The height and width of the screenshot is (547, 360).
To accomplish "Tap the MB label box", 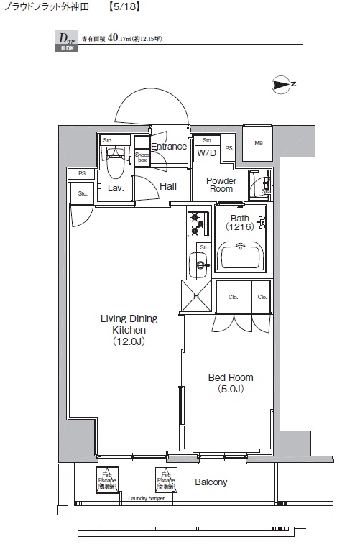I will [x=258, y=142].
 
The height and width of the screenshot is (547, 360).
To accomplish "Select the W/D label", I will [x=207, y=153].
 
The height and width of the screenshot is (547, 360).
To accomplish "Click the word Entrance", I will [x=169, y=147].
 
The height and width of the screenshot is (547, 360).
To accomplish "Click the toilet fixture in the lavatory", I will [x=114, y=163].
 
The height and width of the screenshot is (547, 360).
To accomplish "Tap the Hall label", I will [x=168, y=186].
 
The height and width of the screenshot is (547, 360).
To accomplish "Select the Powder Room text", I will [x=221, y=185].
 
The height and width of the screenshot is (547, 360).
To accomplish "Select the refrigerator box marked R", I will [x=195, y=296].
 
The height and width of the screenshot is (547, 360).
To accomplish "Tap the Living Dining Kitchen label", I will [x=129, y=330].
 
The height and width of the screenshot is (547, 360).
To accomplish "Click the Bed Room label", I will [x=231, y=382].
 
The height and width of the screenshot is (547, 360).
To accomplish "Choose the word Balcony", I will [x=211, y=482].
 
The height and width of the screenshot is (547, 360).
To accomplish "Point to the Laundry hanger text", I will [x=147, y=498].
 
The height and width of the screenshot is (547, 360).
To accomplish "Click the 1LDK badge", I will [x=65, y=49].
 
